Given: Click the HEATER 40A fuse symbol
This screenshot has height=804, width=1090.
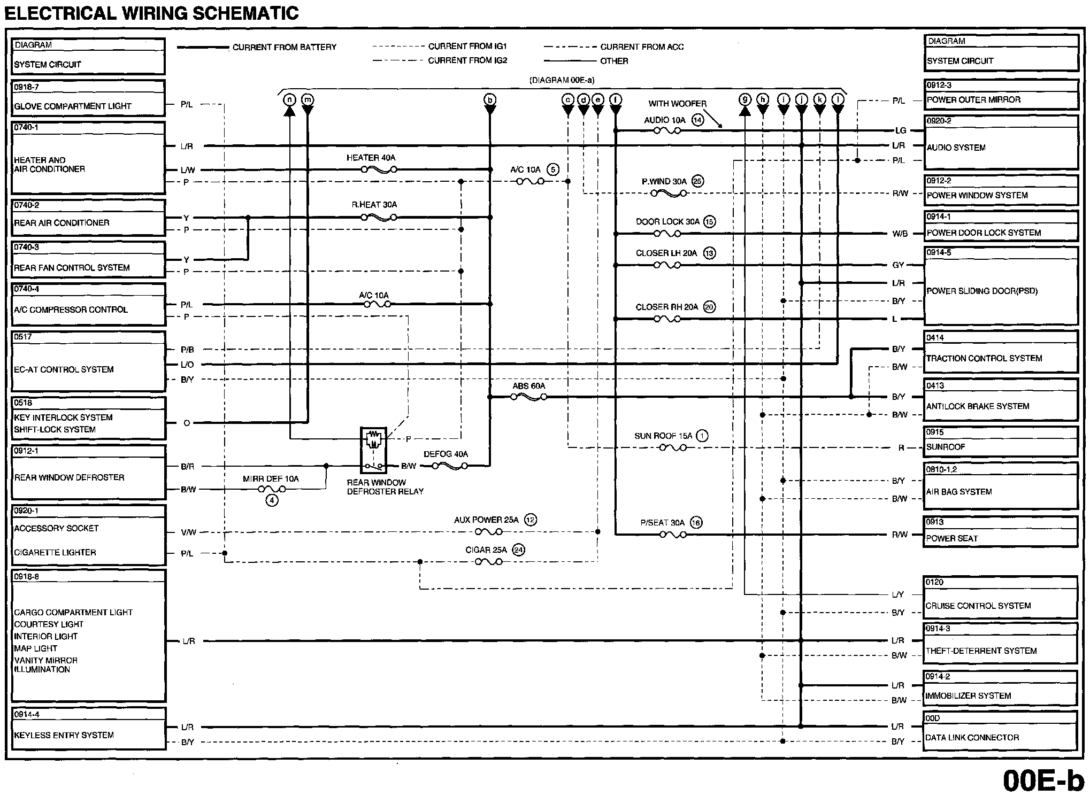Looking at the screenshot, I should (x=379, y=169).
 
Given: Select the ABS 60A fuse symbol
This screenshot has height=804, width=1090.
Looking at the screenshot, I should (x=528, y=397).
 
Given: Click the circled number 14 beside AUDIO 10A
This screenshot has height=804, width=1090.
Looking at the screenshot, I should (x=697, y=120).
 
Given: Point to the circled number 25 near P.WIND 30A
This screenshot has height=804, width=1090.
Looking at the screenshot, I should (x=697, y=181).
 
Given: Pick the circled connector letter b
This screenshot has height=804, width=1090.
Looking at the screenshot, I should (x=489, y=99).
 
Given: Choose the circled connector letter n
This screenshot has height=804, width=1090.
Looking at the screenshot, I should (x=289, y=99).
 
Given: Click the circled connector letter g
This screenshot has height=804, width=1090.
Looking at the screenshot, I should (x=744, y=99).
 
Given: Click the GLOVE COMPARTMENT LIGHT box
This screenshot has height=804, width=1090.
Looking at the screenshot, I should (x=88, y=98).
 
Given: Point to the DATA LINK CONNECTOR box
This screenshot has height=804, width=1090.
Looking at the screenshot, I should (x=1000, y=732).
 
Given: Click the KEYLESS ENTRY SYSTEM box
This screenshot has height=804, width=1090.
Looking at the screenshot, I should (x=88, y=729).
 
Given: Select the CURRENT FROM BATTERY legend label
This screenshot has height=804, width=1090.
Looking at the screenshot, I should (x=284, y=47).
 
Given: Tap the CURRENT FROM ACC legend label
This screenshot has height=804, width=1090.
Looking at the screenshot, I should (x=642, y=47).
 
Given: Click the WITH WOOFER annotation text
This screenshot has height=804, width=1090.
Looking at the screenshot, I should (x=677, y=104).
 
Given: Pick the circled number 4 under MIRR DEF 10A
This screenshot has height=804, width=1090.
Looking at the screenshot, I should (x=272, y=501).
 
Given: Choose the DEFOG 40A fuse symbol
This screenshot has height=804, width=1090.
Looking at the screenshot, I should (x=449, y=466).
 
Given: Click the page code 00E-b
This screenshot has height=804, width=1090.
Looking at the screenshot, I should (x=1043, y=781).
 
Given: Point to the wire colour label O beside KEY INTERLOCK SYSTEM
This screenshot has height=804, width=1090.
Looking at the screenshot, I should (x=187, y=423).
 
